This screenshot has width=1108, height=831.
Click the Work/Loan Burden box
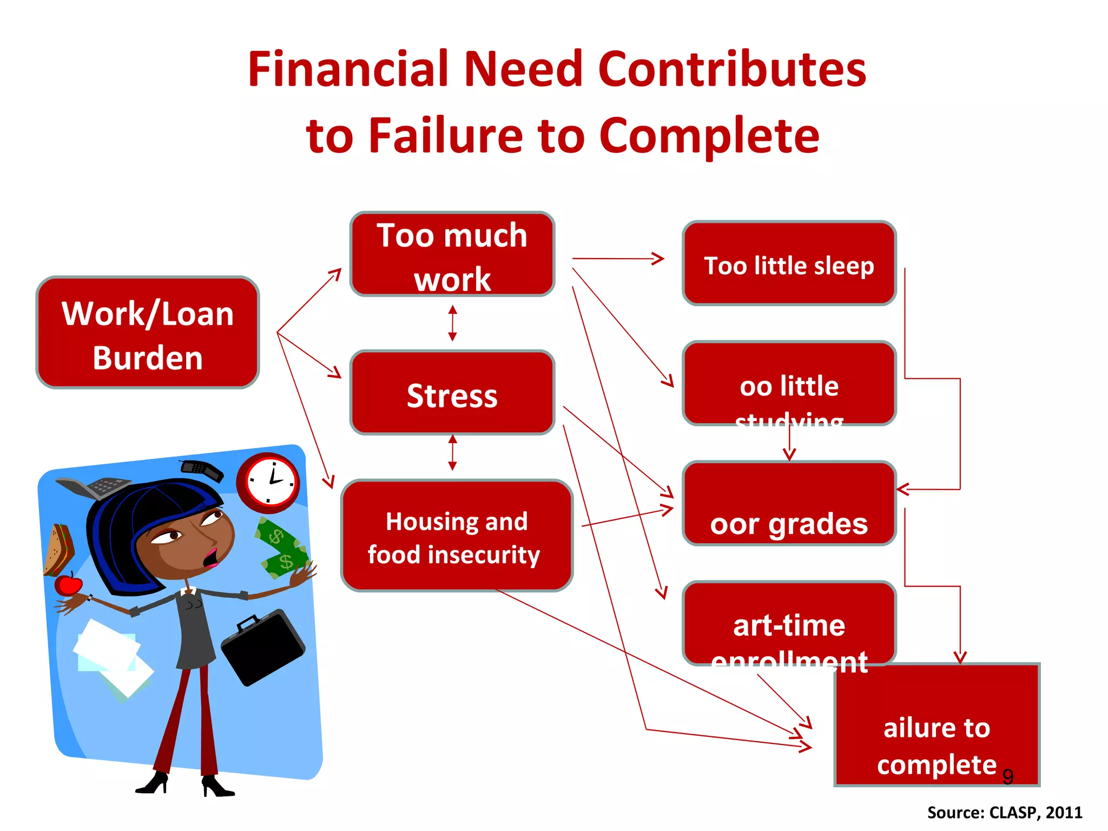[147, 333]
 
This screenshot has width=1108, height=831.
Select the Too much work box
[452, 254]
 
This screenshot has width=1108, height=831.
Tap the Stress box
[452, 393]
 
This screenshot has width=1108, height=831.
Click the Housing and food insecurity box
[456, 536]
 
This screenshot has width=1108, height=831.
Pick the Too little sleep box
[789, 264]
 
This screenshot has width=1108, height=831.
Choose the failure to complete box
[936, 725]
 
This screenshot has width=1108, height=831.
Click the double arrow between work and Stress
[452, 323]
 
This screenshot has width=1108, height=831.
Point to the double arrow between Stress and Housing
[452, 452]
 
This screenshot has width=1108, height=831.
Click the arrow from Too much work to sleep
[617, 259]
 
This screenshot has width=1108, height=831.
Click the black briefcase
[263, 647]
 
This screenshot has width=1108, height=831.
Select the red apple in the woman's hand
[68, 585]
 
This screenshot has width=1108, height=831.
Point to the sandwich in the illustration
[58, 549]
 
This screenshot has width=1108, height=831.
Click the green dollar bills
[282, 549]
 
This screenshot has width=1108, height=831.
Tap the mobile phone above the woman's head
[201, 469]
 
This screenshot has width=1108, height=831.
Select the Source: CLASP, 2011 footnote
[1004, 813]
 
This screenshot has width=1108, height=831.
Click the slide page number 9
[1007, 777]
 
